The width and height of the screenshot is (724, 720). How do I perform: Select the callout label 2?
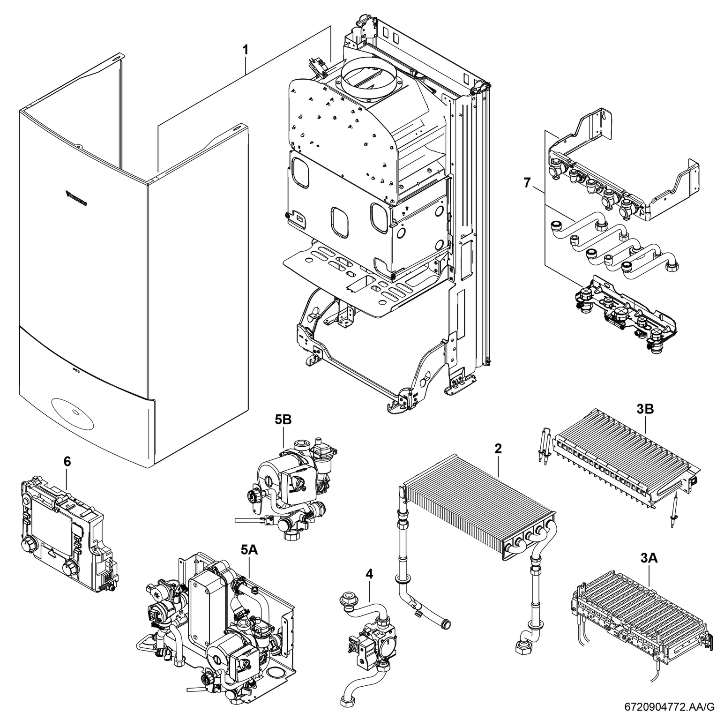(498, 448)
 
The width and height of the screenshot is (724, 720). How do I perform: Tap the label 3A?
(649, 558)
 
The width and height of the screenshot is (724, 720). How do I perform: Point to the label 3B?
(645, 409)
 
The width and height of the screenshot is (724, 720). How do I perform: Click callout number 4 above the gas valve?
(370, 573)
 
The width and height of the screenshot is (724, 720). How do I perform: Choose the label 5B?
(284, 420)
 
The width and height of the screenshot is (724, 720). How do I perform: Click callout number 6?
(67, 461)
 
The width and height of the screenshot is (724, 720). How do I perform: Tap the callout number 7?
(528, 182)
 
